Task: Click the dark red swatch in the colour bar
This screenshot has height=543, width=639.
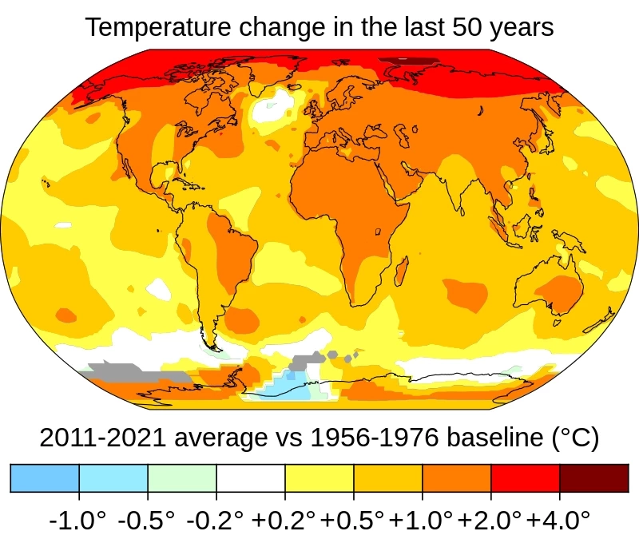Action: tap(593, 478)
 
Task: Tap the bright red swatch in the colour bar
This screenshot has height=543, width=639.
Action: tap(525, 478)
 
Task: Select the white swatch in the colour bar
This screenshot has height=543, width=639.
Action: tap(250, 478)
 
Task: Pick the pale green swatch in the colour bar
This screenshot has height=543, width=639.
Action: tap(181, 478)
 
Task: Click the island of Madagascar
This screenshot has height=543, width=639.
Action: tap(401, 272)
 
